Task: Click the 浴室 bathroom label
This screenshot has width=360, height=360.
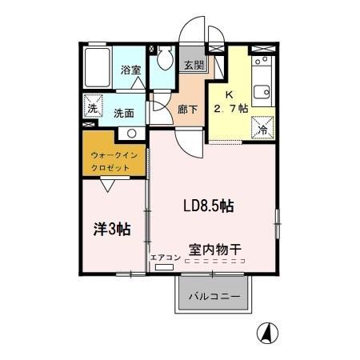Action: (130, 70)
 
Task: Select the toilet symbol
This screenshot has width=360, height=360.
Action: (166, 58)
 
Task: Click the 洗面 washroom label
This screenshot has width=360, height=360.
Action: (122, 113)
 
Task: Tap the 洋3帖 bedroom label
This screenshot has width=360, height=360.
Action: (112, 229)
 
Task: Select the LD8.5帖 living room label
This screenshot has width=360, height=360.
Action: (207, 206)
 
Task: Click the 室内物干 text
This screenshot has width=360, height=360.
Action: (216, 249)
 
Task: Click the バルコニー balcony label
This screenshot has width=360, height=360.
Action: (214, 297)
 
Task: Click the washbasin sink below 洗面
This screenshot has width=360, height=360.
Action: (134, 133)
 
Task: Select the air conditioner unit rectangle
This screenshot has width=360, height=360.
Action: (164, 268)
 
